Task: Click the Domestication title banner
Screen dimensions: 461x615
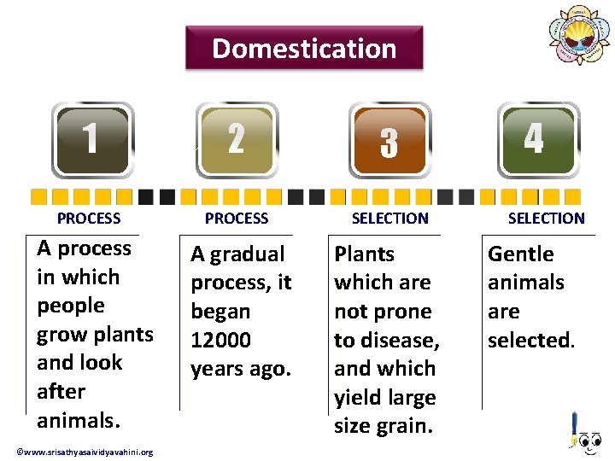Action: pyautogui.click(x=304, y=48)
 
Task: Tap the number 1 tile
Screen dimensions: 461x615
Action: pyautogui.click(x=92, y=139)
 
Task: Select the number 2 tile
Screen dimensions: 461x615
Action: pyautogui.click(x=237, y=139)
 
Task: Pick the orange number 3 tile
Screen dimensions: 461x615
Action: pyautogui.click(x=389, y=142)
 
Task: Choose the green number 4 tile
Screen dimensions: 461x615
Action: pyautogui.click(x=534, y=138)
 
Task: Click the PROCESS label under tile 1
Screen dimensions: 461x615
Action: pyautogui.click(x=89, y=219)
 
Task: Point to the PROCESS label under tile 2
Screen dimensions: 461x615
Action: pyautogui.click(x=237, y=219)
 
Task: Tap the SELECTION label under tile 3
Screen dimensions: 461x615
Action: pyautogui.click(x=390, y=219)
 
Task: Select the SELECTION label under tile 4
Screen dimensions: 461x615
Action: pyautogui.click(x=546, y=219)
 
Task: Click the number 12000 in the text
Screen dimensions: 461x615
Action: pyautogui.click(x=220, y=341)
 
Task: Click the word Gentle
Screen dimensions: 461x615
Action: pyautogui.click(x=520, y=254)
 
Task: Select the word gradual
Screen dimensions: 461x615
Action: pyautogui.click(x=249, y=254)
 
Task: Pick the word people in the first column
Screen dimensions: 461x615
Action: pyautogui.click(x=71, y=306)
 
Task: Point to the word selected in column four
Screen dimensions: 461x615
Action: pyautogui.click(x=530, y=341)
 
